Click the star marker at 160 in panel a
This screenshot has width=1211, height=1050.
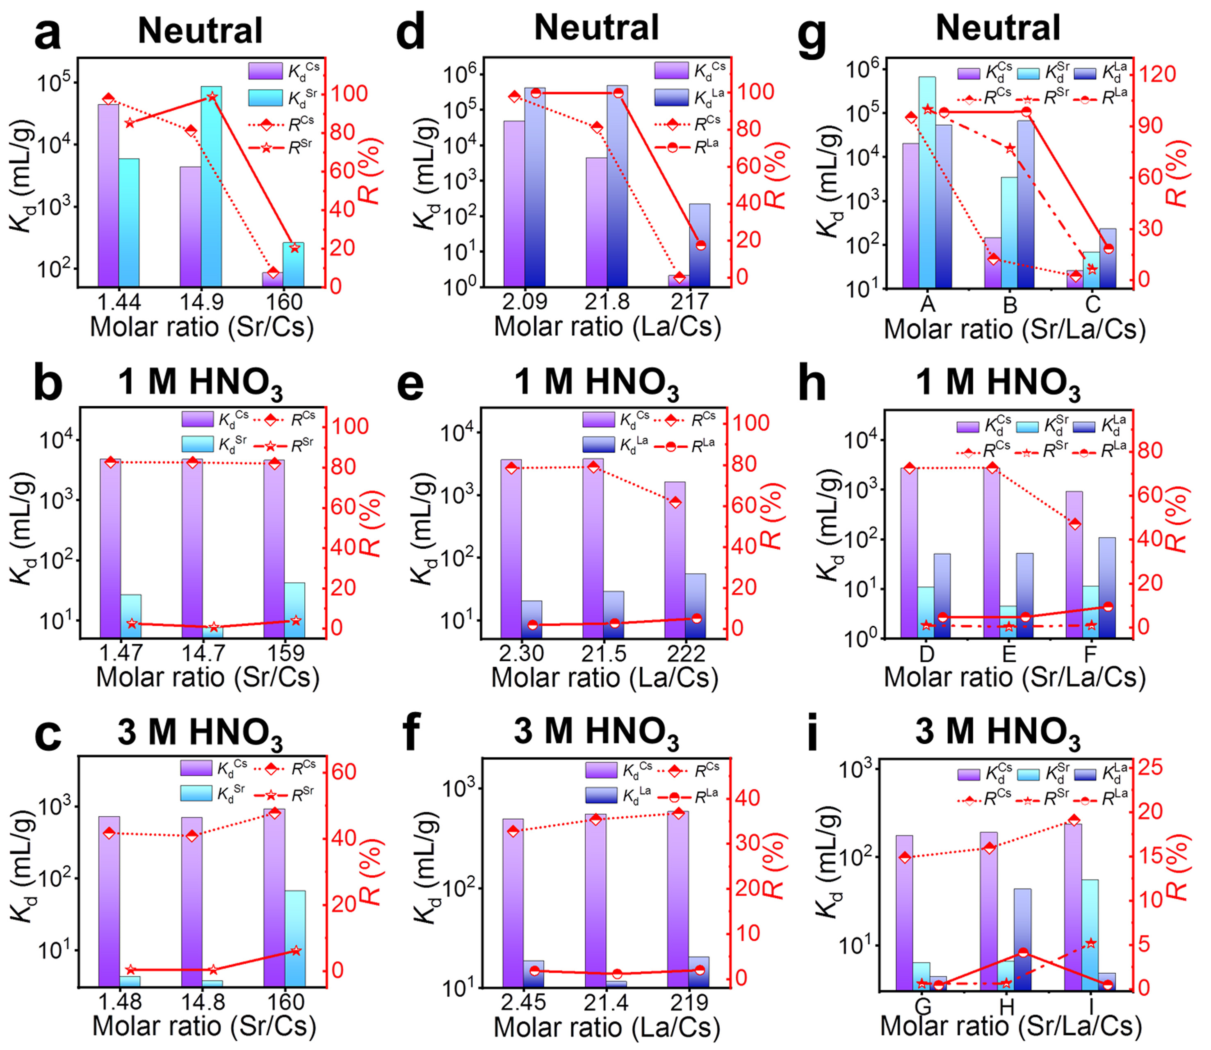294,248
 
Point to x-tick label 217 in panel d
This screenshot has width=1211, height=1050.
689,302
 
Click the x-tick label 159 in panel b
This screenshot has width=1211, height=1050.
285,653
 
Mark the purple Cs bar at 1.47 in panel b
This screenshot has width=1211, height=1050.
111,548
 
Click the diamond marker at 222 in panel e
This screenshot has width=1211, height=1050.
675,502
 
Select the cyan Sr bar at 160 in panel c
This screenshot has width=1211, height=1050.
295,938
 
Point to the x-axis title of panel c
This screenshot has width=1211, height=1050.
204,1025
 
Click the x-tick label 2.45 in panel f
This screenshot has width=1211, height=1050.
523,1002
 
